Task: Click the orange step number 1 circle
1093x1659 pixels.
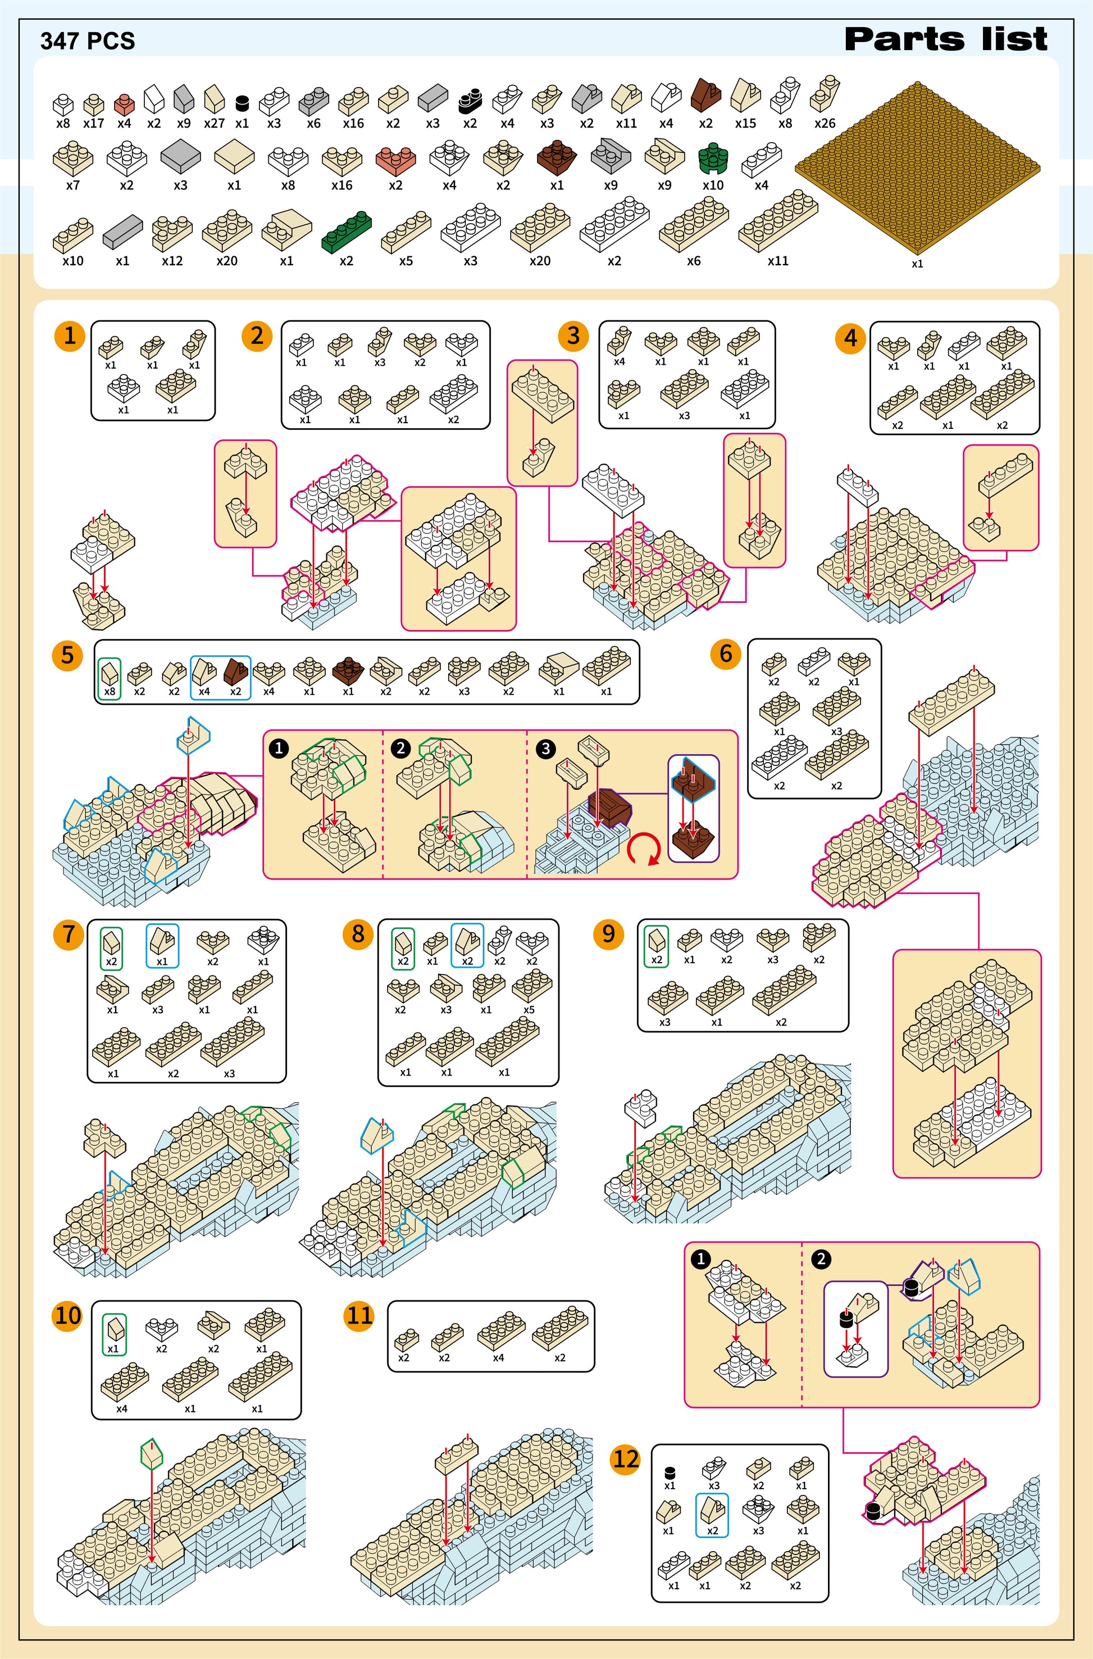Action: [x=70, y=336]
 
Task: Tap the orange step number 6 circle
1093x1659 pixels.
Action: [x=726, y=654]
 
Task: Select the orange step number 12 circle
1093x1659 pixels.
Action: [x=625, y=1459]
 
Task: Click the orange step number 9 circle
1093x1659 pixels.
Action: [x=608, y=933]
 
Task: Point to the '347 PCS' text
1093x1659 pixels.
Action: [x=87, y=41]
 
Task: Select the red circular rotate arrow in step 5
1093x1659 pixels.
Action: [x=644, y=850]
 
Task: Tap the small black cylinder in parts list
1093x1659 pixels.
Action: [x=242, y=103]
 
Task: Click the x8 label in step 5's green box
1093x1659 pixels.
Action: [x=110, y=692]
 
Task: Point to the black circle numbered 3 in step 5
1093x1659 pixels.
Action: [x=545, y=748]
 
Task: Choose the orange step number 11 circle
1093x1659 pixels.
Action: [x=359, y=1316]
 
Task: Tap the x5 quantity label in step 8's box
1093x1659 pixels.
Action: [x=529, y=1010]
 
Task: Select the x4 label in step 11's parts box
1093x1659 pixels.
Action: [x=498, y=1358]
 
